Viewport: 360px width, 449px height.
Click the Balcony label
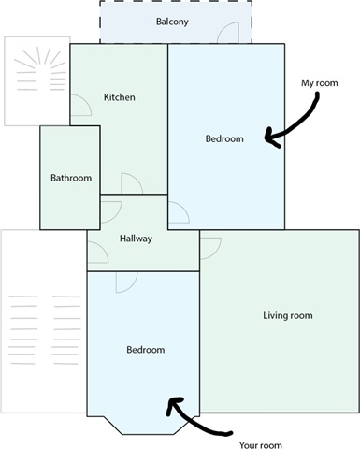click(172, 22)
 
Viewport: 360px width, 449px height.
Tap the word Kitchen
click(120, 97)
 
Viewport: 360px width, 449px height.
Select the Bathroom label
click(71, 178)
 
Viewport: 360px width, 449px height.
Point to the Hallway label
click(136, 239)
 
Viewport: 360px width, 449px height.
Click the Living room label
click(288, 315)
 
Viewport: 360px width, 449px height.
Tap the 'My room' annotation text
click(319, 83)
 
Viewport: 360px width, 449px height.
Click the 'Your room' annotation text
click(260, 445)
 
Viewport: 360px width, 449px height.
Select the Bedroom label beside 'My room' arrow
click(224, 138)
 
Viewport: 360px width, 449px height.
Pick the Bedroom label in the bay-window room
click(146, 350)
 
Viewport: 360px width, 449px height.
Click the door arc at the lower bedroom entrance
click(132, 287)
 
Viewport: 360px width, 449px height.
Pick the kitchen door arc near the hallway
click(137, 179)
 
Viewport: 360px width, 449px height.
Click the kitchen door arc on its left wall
click(86, 100)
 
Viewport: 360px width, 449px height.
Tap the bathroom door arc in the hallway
click(116, 217)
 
